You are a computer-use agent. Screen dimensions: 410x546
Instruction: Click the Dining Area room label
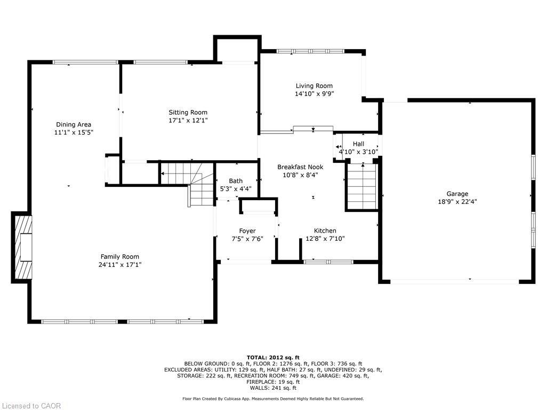tap(74, 124)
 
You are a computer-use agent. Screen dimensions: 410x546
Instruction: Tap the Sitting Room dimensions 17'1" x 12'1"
tap(188, 121)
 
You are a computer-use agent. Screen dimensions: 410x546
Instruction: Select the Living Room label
tap(314, 85)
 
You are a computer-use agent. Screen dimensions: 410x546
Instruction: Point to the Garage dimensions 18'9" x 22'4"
tap(457, 202)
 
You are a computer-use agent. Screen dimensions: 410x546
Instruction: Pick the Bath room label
tap(236, 181)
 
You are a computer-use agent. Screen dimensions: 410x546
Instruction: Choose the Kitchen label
tap(325, 231)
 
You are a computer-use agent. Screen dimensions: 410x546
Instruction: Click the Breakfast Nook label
tap(300, 167)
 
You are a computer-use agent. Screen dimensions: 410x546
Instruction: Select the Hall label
tap(358, 144)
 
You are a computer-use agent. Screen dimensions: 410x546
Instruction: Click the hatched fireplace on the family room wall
tap(22, 247)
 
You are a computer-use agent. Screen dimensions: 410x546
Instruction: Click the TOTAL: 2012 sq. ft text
tap(273, 357)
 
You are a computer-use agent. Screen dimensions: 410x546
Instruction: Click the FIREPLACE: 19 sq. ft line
tap(273, 382)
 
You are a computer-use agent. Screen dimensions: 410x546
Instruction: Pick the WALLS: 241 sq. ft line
tap(273, 388)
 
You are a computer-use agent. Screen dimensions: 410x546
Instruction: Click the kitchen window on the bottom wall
tap(328, 262)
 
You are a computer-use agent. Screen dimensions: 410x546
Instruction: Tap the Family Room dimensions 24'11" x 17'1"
tap(120, 264)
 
